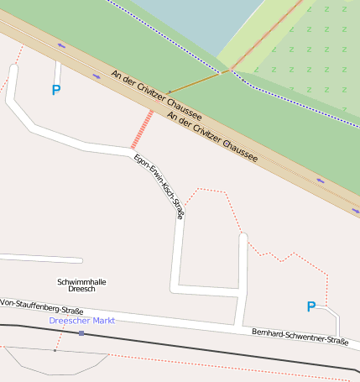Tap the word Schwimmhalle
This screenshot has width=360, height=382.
[81, 281]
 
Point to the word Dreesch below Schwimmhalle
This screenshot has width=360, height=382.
[81, 289]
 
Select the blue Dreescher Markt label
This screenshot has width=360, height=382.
[81, 321]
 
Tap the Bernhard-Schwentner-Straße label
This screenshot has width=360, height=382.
[300, 337]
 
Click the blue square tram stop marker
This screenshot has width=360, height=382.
[81, 333]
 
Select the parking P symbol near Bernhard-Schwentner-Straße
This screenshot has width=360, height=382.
[310, 307]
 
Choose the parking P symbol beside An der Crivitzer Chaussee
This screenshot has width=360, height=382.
[56, 90]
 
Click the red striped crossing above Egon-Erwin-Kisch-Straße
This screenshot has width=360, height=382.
[143, 129]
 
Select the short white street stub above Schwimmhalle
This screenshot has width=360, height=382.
[42, 259]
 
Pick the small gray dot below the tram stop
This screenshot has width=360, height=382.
[55, 350]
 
